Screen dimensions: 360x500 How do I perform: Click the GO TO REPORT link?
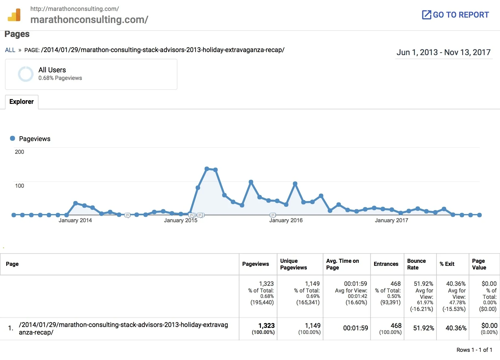tap(456, 15)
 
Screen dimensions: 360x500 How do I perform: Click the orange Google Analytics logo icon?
tap(14, 15)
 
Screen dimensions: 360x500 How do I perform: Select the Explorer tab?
tap(21, 102)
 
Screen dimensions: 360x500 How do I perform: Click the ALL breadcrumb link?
tap(10, 50)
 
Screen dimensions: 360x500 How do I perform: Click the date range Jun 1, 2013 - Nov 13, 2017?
tap(443, 52)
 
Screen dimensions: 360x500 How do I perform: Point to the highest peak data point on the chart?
tap(207, 169)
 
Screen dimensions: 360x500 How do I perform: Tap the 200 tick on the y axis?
tap(19, 152)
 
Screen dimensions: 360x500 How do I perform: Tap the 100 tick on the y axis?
tap(19, 186)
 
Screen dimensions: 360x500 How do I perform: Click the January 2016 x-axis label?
tap(286, 220)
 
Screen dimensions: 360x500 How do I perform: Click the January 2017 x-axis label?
tap(391, 220)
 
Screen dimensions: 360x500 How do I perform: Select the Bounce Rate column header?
tap(416, 264)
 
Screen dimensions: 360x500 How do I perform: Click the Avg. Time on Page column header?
tap(342, 264)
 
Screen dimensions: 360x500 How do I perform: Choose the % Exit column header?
tap(447, 264)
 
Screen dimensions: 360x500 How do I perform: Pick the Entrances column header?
tap(386, 264)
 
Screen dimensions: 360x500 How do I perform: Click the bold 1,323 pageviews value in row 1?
tap(266, 325)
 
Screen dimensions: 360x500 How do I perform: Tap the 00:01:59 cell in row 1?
tap(355, 328)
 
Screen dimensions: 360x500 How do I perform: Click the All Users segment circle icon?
tap(26, 74)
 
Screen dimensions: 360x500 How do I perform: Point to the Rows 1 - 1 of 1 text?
tap(474, 350)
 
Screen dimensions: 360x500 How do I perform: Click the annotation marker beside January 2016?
tap(273, 215)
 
